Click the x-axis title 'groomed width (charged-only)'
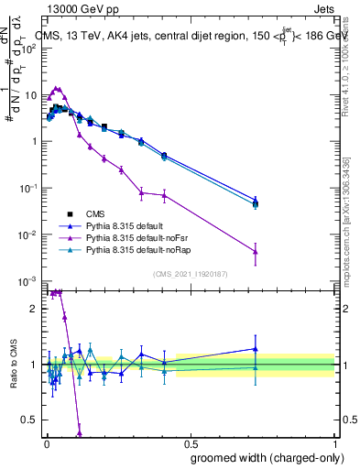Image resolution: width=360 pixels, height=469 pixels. [261, 456]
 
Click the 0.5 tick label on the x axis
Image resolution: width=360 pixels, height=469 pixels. [191, 443]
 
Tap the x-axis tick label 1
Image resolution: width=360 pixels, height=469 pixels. [334, 443]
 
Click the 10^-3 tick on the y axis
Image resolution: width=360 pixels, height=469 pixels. [29, 280]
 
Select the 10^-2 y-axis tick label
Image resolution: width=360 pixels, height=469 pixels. [29, 234]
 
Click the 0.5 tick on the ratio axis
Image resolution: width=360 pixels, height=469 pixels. [33, 420]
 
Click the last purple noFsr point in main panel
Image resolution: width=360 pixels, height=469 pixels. [256, 252]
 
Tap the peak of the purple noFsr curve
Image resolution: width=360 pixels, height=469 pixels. [57, 89]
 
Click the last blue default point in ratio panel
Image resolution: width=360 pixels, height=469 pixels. [256, 348]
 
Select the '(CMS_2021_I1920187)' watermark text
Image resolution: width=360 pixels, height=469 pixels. [191, 272]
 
